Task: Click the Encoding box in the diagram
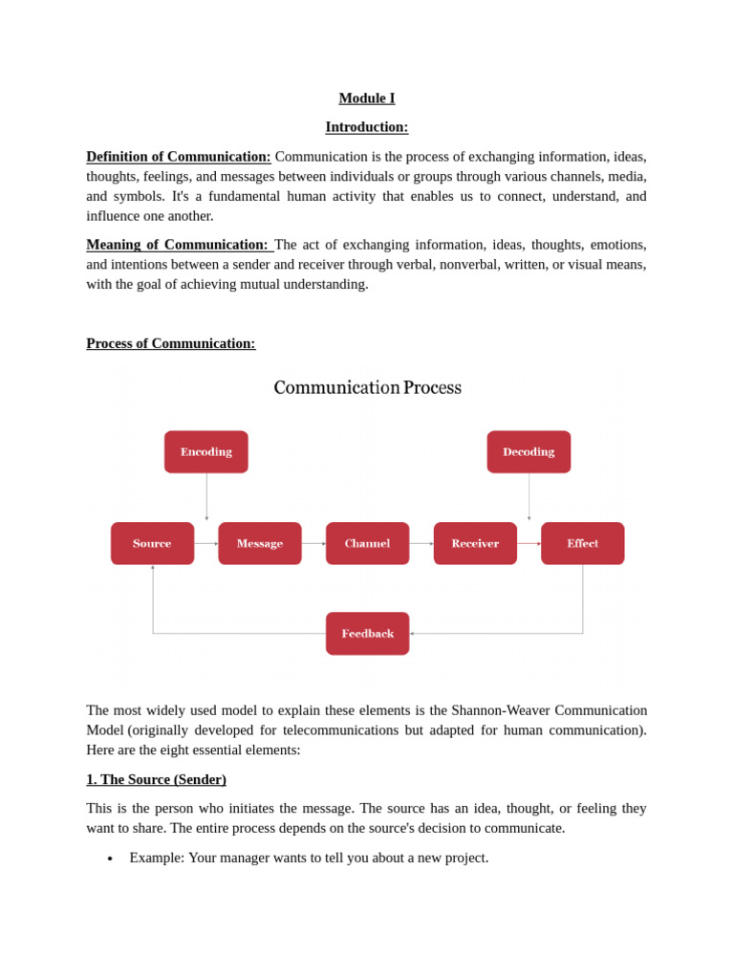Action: point(205,452)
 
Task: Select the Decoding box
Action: point(529,452)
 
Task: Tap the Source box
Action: point(152,543)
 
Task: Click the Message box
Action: point(260,543)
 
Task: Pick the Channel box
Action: point(367,543)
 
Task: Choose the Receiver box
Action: point(475,543)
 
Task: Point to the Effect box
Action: point(582,543)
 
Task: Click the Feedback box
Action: point(367,633)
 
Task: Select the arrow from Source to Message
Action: point(206,543)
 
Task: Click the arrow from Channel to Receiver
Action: point(421,543)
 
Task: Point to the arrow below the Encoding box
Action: point(206,497)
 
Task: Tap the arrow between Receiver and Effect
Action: point(529,543)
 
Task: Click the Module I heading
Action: point(366,98)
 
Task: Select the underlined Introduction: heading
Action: point(366,127)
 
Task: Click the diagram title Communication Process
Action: point(367,387)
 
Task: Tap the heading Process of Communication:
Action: point(171,343)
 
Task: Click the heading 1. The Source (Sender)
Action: point(156,779)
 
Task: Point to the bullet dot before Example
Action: point(110,859)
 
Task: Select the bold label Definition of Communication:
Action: point(179,157)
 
